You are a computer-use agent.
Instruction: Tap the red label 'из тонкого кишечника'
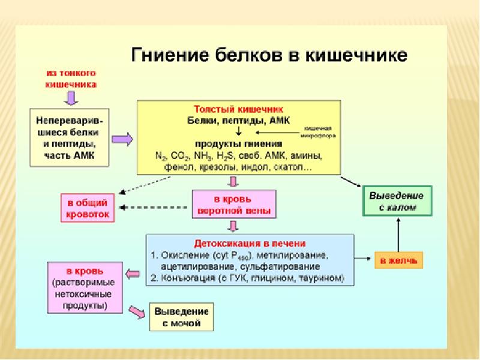coord(71,80)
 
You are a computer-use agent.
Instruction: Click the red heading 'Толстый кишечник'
coord(238,110)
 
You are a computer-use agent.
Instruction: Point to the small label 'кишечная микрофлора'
coord(319,132)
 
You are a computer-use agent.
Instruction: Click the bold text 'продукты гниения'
coord(238,144)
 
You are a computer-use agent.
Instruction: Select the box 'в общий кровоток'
coord(86,208)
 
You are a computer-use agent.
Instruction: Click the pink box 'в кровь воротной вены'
coord(233,204)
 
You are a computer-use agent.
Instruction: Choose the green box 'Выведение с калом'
coord(397,202)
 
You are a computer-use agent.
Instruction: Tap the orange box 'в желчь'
coord(399,260)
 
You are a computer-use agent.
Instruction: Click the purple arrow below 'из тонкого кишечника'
coord(71,97)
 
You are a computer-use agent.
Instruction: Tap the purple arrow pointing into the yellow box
coord(122,139)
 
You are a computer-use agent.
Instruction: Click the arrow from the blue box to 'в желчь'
coord(362,259)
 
